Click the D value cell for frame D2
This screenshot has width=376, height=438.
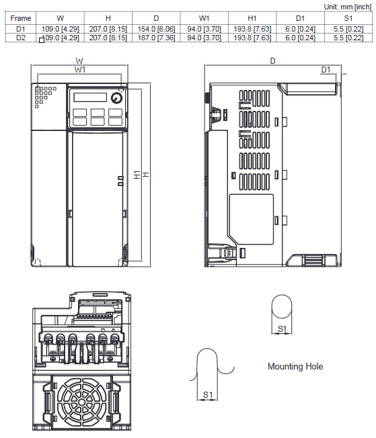coord(156,38)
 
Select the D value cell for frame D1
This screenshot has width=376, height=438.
coord(156,29)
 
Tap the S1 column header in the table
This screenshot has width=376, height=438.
coord(348,18)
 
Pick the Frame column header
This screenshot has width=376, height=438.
coord(21,18)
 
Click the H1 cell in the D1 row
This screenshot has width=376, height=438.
coord(252,29)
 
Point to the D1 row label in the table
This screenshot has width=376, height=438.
coord(21,29)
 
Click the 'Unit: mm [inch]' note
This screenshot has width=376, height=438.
coord(348,7)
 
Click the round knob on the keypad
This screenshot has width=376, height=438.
coord(116,98)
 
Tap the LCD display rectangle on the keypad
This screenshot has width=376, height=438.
coord(90,97)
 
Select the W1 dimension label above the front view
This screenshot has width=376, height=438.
coord(80,70)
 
